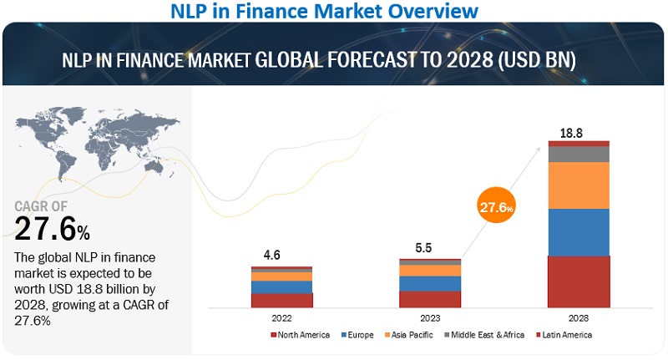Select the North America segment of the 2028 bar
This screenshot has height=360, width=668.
pos(579,281)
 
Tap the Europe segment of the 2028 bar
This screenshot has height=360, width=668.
pos(579,232)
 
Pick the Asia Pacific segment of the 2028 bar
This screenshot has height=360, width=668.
pos(579,185)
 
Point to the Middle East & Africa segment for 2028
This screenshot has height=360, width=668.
pos(579,154)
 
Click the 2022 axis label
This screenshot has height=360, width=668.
pos(281,317)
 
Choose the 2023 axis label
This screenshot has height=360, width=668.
pos(430,317)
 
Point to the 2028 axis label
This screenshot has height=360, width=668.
pos(578,317)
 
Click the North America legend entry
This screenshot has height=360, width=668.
pos(301,335)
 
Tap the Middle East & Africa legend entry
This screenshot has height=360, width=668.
pos(489,335)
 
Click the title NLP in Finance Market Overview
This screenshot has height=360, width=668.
pos(333,11)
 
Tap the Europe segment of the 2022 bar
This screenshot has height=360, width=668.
pos(281,286)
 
